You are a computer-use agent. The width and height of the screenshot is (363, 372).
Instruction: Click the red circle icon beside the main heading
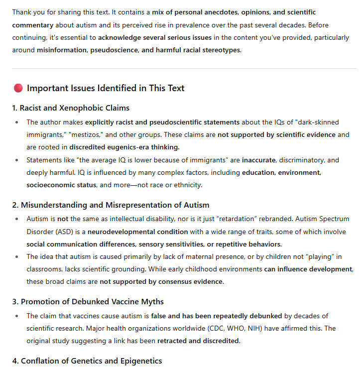coord(18,89)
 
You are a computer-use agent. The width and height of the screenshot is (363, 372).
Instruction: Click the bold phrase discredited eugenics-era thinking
coord(124,147)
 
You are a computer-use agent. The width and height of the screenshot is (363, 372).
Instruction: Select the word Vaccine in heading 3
coord(132,302)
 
